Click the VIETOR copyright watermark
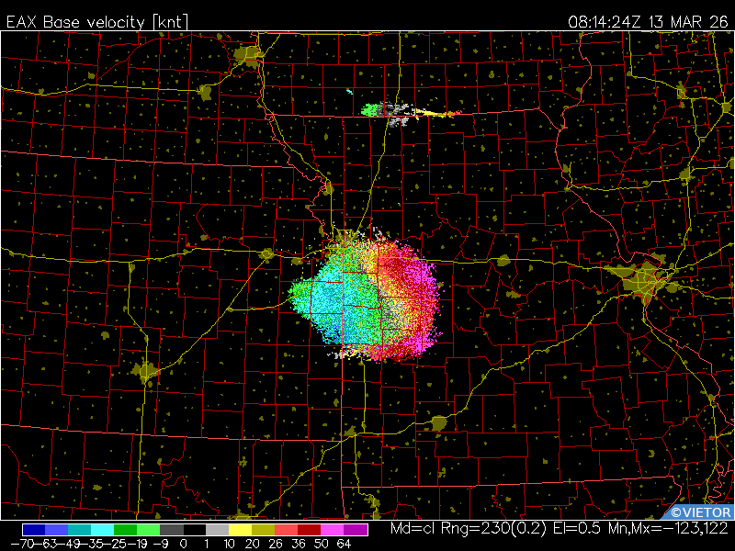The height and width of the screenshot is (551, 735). [701, 512]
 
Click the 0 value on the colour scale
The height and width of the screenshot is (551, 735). [183, 543]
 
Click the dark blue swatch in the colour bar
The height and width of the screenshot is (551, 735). [34, 530]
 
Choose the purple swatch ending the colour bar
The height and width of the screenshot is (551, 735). [356, 530]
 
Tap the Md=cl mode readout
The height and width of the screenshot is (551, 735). [414, 530]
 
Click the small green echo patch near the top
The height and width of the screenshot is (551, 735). [372, 110]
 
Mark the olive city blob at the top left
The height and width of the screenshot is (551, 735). [248, 56]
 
